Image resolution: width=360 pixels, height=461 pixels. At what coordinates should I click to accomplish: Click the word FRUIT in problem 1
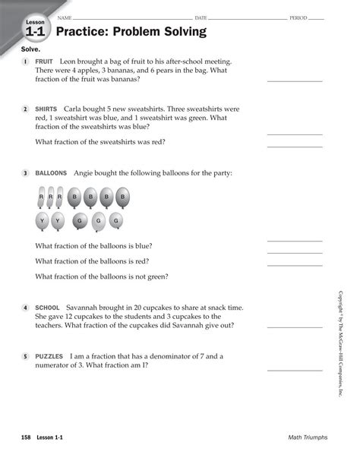[44, 60]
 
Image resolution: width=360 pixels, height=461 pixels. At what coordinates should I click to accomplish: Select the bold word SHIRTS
[46, 109]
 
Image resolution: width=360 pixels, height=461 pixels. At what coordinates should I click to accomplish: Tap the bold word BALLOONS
[51, 173]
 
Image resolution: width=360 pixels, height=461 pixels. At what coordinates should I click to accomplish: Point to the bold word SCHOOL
[47, 308]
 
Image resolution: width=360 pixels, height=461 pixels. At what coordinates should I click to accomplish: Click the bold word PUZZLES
[49, 355]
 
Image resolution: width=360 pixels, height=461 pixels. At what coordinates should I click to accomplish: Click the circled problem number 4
[26, 308]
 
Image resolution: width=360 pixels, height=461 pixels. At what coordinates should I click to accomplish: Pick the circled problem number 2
[26, 109]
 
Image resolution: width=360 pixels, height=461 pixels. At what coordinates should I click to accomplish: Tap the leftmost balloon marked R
[40, 199]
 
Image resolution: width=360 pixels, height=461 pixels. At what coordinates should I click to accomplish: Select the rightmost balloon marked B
[122, 198]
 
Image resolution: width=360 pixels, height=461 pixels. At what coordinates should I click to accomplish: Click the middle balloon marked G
[98, 221]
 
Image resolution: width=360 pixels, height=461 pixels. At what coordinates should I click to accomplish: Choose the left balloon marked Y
[42, 222]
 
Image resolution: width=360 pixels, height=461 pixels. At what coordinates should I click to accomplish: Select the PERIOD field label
[298, 17]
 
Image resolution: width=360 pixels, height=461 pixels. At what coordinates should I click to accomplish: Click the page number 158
[28, 438]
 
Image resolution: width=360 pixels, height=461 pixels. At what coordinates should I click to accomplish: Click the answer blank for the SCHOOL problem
[295, 327]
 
